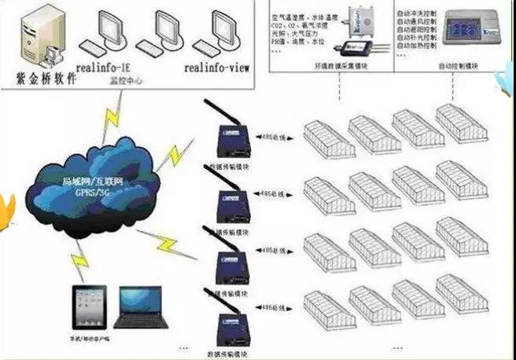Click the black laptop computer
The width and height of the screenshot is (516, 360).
coord(141,307)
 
